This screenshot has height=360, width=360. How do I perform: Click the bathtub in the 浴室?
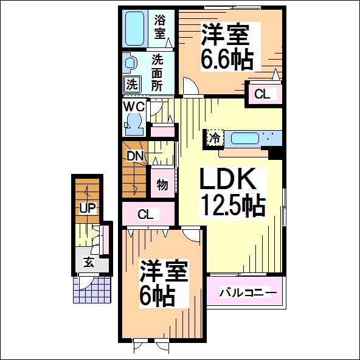pos(135,28)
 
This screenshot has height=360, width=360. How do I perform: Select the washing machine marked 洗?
pos(132,84)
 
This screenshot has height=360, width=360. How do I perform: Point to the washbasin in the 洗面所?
pos(130,62)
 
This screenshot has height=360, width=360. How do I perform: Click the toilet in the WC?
pos(134,124)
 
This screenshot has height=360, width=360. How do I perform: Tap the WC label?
pos(134,106)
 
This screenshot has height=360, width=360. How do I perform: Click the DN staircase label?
pos(135,156)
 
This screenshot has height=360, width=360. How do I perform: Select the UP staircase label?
pos(88,208)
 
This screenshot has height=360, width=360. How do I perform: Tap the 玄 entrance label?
pos(89,261)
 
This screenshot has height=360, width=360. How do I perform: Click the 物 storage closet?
pos(162,184)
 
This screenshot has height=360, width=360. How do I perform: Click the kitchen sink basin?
pos(244,139)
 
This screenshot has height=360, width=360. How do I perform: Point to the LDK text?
pos(227,178)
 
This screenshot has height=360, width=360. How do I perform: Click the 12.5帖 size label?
pos(232,206)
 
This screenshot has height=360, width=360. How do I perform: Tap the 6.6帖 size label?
pos(227,60)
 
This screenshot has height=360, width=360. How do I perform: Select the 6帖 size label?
pos(157,296)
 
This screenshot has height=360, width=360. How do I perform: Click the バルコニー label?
pos(247,292)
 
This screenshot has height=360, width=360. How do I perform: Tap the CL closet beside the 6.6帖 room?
pos(263,94)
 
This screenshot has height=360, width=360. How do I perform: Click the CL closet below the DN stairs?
pos(148,214)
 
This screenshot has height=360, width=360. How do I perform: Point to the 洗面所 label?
pos(157,73)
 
